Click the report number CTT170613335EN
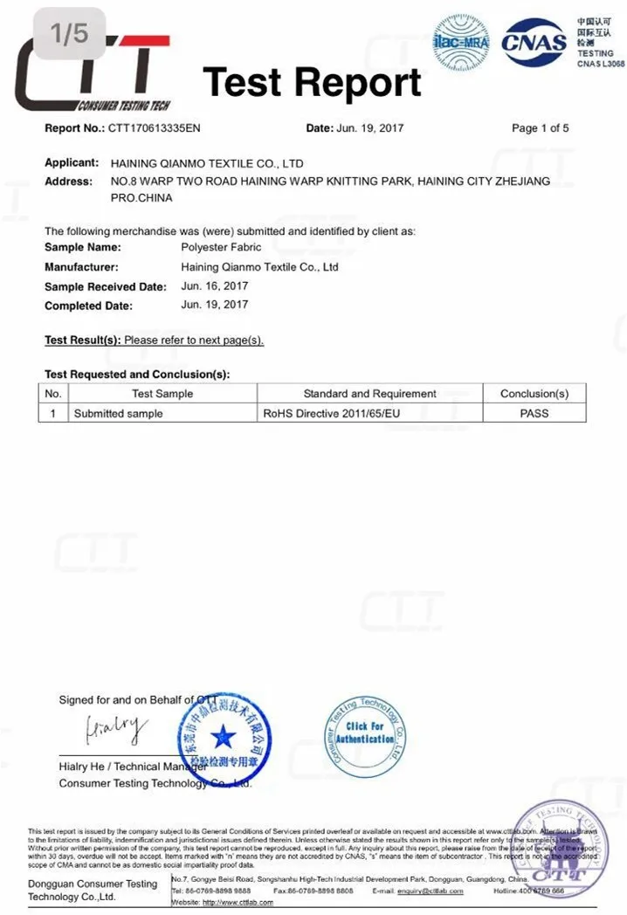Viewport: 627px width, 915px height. (155, 128)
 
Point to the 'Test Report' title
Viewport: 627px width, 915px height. (312, 83)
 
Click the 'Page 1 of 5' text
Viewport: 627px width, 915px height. (540, 128)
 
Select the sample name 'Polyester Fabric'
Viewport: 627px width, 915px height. (221, 248)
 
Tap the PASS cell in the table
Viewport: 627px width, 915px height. (534, 413)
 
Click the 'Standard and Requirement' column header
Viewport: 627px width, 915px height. (369, 394)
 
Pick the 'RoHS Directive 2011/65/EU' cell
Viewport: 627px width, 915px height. (332, 413)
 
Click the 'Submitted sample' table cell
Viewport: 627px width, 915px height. (118, 413)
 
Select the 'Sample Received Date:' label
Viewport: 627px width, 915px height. (105, 286)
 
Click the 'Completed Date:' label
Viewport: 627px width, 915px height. (88, 306)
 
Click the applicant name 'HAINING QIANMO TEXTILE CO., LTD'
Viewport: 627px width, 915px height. (207, 163)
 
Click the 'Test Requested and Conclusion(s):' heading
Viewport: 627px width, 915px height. (137, 375)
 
